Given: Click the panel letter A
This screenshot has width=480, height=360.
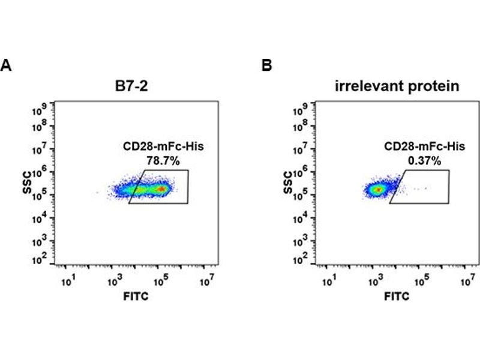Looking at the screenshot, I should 7,65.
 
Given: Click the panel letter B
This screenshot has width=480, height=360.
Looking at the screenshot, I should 266,65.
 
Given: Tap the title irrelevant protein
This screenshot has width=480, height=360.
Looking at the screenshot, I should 397,86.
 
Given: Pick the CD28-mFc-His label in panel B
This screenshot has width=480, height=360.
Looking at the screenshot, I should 415,146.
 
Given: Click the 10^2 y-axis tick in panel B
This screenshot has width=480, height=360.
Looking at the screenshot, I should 301,260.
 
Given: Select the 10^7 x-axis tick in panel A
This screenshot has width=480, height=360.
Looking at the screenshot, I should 207,280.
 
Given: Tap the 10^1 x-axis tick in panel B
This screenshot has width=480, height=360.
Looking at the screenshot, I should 329,280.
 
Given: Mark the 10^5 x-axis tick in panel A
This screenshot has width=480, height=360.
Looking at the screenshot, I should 160,280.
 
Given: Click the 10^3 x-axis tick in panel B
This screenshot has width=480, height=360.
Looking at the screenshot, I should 376,280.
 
